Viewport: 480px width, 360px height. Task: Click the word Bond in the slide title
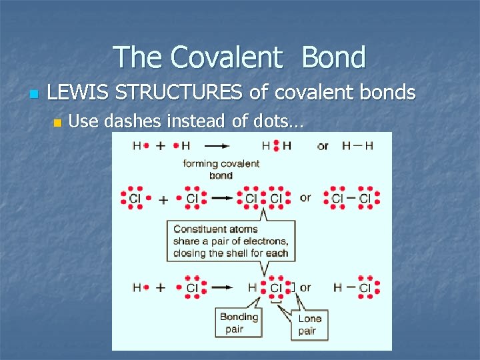(333, 57)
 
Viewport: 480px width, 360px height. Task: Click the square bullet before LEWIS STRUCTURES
(34, 93)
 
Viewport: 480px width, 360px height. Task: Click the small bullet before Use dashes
(57, 123)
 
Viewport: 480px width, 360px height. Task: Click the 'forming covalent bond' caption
(221, 169)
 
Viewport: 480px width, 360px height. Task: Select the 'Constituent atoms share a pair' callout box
(231, 241)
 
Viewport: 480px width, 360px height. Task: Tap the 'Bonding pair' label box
(238, 323)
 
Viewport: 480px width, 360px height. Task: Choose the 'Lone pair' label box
(309, 325)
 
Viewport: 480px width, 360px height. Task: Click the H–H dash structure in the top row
(357, 145)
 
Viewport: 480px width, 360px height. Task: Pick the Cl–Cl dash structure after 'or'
(351, 198)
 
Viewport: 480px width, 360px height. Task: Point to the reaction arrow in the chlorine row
(221, 199)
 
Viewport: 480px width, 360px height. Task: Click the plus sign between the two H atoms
(161, 145)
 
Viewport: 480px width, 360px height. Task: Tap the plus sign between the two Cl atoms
(163, 199)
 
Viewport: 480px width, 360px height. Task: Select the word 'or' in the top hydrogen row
(323, 146)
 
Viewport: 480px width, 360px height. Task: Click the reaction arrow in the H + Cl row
(221, 287)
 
